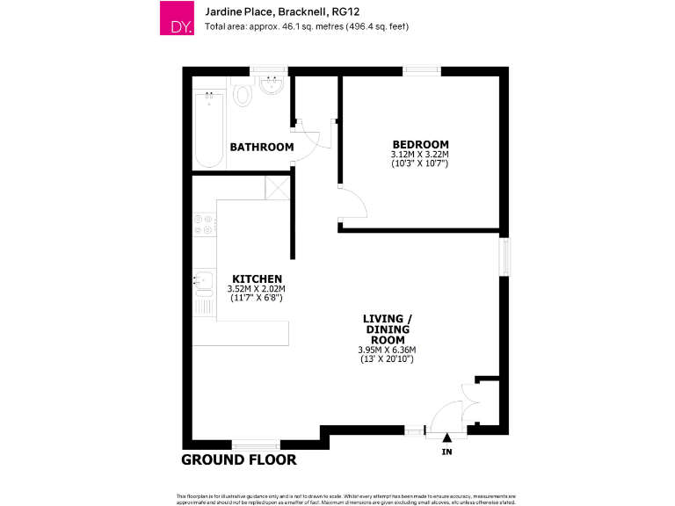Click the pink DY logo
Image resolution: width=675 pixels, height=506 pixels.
click(x=176, y=18)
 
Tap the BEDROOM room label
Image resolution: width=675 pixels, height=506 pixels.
click(x=420, y=144)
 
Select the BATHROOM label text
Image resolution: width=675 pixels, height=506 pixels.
click(x=261, y=147)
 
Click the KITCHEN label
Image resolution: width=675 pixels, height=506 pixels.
click(x=257, y=278)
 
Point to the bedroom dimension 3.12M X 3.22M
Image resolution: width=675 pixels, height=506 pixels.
click(x=420, y=155)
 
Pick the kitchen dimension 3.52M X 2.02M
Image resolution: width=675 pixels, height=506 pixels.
click(x=257, y=288)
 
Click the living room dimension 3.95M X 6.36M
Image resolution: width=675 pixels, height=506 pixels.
click(x=387, y=350)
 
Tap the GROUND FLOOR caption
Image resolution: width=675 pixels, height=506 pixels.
click(x=238, y=459)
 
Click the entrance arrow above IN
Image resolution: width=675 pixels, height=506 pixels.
click(x=446, y=437)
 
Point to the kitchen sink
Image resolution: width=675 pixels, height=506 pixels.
click(x=202, y=281)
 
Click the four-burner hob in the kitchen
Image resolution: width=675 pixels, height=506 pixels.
click(x=204, y=224)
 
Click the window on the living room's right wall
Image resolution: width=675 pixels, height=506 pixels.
click(x=504, y=257)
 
